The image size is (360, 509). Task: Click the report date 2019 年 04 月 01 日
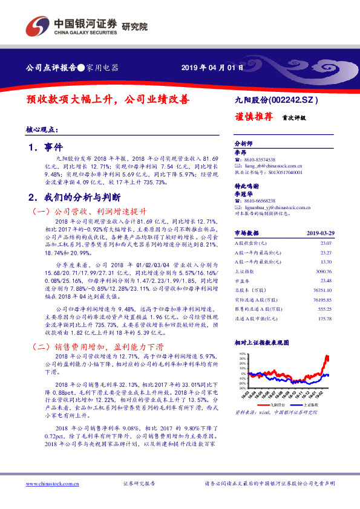(212, 68)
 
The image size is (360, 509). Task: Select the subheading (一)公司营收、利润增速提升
(88, 212)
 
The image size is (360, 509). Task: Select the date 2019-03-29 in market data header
(319, 233)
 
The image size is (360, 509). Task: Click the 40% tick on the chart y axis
(242, 354)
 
